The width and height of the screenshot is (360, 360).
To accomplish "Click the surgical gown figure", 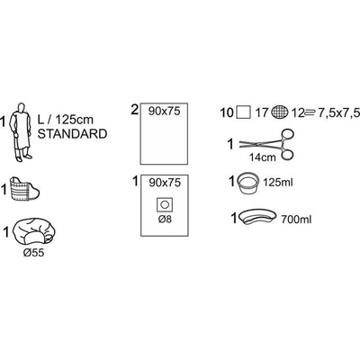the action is point(20,132).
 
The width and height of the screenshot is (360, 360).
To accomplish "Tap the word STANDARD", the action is point(72,134).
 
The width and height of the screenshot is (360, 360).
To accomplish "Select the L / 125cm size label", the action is point(66,120).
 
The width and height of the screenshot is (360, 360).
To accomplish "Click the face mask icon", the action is point(24,189).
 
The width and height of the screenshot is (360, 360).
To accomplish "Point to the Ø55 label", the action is point(33,253).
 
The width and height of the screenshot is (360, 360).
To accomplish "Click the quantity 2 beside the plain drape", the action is point(135,110).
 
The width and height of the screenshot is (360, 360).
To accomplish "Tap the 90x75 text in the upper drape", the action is point(165,112).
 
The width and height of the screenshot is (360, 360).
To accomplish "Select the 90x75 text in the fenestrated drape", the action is point(165,183).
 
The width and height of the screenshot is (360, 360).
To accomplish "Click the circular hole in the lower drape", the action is point(165,205).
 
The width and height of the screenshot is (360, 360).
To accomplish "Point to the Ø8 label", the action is point(165,220).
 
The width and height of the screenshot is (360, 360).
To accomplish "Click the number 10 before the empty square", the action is point(227,113).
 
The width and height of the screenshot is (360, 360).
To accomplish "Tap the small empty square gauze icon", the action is point(243,113).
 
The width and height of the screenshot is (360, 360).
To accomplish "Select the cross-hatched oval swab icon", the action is point(280,112).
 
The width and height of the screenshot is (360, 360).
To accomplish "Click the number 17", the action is point(262,113).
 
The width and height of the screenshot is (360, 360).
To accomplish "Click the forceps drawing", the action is point(266,144).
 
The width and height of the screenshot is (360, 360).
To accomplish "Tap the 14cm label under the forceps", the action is point(263,157).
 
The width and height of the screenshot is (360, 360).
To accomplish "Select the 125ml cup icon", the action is point(248,183).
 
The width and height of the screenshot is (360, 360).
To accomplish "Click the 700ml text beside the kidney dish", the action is point(296,220).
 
